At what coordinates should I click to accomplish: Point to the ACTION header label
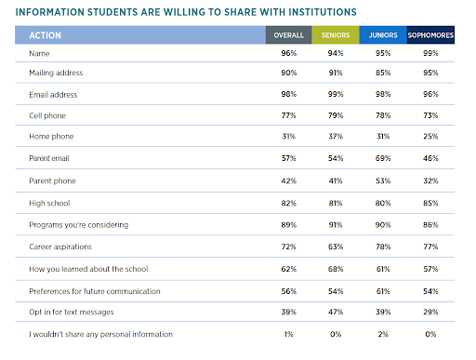pos(46,35)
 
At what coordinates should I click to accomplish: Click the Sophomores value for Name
pos(430,53)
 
